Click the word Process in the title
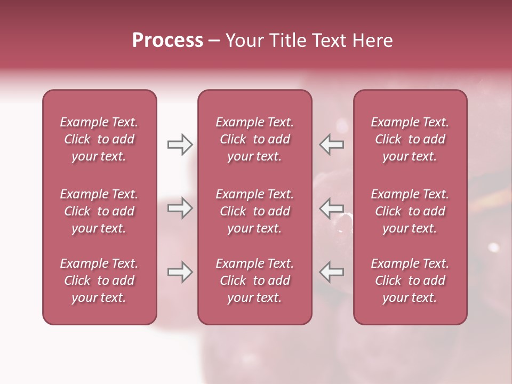pos(167,41)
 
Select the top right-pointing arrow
pos(180,145)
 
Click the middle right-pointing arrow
pos(180,208)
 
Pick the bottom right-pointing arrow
pos(180,272)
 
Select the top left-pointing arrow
pos(332,145)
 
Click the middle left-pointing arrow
pos(332,208)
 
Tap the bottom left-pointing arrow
pos(332,272)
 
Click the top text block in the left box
pos(99,139)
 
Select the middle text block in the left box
pos(99,211)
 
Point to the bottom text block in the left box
pos(99,281)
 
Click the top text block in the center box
pos(254,139)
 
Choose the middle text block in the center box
pos(254,211)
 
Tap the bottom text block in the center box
pos(254,281)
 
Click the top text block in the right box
pos(410,139)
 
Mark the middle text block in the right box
pos(410,211)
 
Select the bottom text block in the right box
pos(410,281)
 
